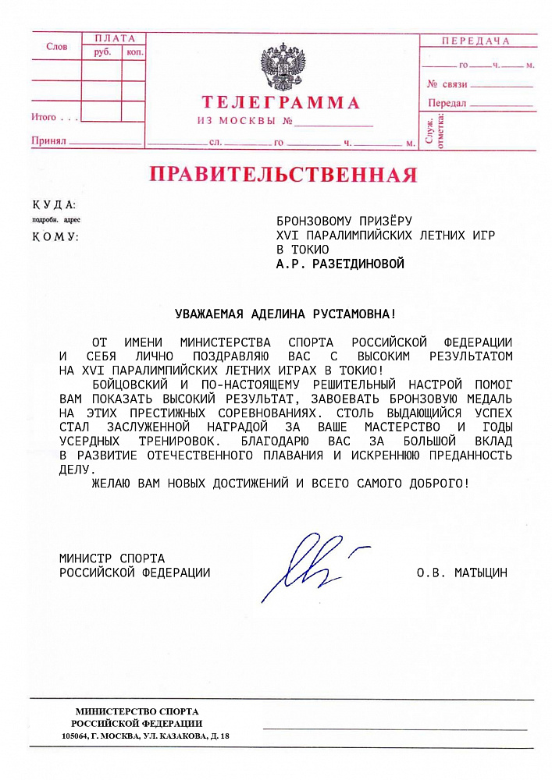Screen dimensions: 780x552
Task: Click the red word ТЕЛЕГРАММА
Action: [x=281, y=103]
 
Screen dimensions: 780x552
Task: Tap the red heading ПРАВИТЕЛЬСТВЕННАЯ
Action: [x=283, y=174]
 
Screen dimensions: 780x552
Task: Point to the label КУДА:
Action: [x=54, y=205]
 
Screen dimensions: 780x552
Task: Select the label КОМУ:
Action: [x=55, y=236]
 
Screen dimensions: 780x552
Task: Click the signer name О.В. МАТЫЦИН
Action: [x=462, y=573]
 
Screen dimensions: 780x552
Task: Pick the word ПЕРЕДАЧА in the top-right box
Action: [x=475, y=41]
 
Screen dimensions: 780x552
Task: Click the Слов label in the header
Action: [x=56, y=47]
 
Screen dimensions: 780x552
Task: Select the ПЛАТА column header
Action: [x=114, y=38]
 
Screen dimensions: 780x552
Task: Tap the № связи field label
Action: [x=447, y=83]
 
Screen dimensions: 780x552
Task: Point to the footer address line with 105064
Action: [x=146, y=736]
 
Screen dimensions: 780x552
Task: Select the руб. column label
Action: [x=102, y=51]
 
